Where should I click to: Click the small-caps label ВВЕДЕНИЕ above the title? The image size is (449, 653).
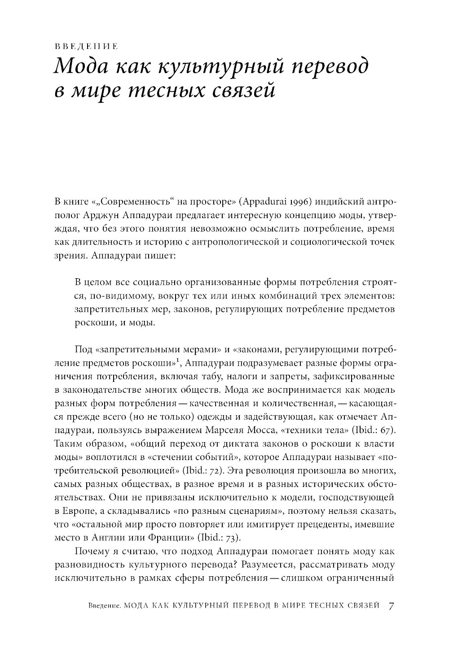pyautogui.click(x=85, y=47)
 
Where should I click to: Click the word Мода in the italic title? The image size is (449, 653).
pyautogui.click(x=79, y=67)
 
